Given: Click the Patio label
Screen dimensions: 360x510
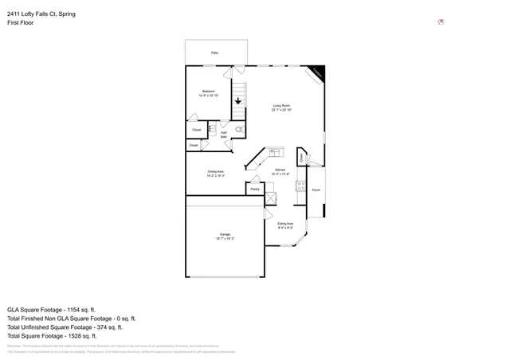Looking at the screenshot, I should click(214, 53).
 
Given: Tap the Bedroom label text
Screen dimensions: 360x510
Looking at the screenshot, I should click(208, 93).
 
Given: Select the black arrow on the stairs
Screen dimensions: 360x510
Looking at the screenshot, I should click(237, 101).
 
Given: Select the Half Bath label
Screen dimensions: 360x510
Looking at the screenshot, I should click(224, 135).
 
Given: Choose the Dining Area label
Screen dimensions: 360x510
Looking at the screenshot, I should click(215, 174).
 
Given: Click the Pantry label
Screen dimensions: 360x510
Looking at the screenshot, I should click(255, 189).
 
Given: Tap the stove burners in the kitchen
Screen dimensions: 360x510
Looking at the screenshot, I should click(300, 186).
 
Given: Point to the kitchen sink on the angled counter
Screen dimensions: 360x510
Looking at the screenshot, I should click(276, 151).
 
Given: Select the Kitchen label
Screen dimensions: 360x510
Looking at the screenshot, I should click(280, 172).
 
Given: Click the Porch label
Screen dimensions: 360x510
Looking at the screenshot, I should click(316, 190).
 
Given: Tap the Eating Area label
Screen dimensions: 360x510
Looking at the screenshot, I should click(285, 225).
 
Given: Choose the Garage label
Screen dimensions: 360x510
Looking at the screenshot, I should click(226, 236).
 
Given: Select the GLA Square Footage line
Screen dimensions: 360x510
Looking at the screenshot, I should click(52, 309).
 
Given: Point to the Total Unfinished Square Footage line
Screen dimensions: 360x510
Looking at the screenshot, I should click(65, 327).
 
